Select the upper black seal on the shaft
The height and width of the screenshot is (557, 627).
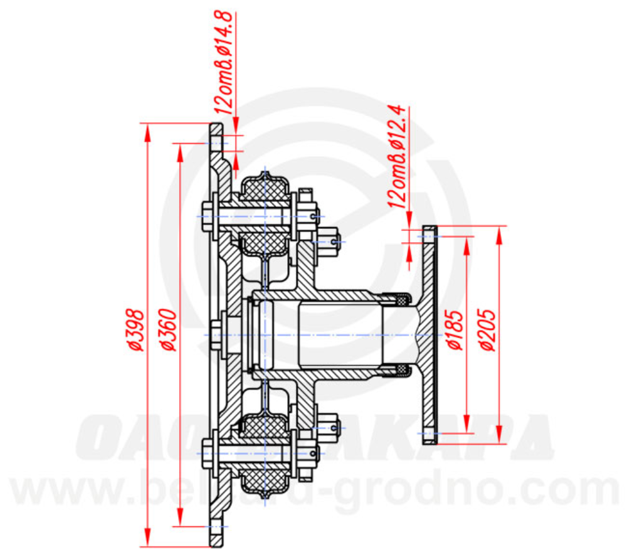399,300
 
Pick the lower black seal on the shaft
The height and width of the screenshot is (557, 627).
399,370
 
